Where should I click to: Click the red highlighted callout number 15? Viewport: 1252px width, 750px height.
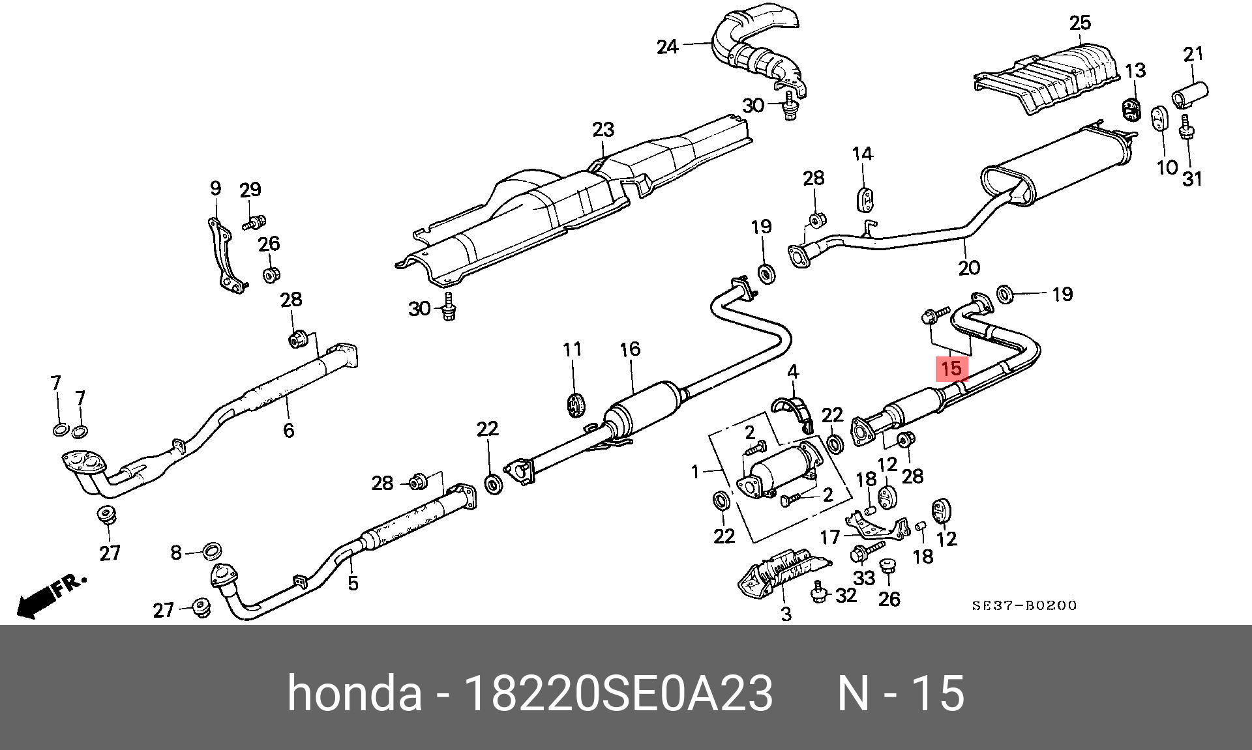point(951,369)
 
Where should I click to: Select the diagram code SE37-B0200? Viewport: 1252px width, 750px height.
point(1024,605)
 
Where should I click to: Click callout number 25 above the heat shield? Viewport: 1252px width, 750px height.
point(1080,23)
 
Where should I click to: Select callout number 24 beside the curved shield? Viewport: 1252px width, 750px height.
point(667,47)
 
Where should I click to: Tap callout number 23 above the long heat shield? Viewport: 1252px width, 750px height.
point(603,129)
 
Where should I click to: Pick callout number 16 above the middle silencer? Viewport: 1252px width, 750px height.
point(630,349)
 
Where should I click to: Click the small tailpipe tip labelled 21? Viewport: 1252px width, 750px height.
point(1190,94)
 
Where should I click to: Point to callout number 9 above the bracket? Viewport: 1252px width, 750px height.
point(216,188)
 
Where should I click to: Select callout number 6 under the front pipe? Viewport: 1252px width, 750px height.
point(288,430)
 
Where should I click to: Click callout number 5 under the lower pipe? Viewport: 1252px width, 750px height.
point(353,583)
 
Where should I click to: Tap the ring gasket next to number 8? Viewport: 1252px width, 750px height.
point(211,551)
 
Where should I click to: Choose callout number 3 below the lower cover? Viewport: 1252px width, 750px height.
point(786,613)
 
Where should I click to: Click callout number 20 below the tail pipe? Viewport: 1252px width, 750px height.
point(969,267)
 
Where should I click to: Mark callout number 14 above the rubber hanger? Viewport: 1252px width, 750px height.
point(862,154)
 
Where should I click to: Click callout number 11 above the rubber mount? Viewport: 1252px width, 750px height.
point(572,349)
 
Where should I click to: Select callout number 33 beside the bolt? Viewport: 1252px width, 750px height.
point(864,577)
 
